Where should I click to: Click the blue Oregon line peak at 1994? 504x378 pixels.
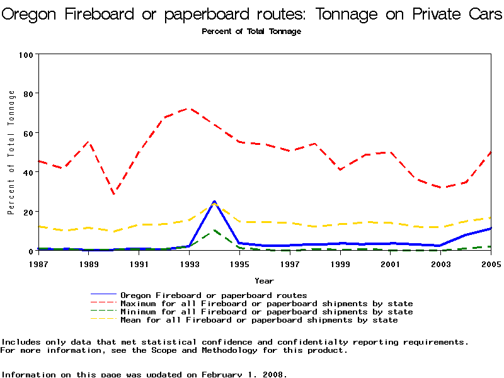214,202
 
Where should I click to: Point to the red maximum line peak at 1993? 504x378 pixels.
188,108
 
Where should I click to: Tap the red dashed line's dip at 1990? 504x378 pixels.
114,193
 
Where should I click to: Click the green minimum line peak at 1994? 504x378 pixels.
214,231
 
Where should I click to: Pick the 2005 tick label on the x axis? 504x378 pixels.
491,263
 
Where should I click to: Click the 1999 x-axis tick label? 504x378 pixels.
340,263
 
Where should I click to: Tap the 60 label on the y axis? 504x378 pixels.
28,133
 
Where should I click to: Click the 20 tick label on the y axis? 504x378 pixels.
28,212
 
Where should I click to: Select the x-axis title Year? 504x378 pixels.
264,280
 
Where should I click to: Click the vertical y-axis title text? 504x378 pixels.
11,152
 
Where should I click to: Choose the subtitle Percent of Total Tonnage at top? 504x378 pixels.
251,31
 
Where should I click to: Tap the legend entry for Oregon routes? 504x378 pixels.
214,295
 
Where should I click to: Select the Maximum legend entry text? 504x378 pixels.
266,304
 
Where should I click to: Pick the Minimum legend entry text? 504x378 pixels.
266,312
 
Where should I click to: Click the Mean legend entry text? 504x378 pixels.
258,320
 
